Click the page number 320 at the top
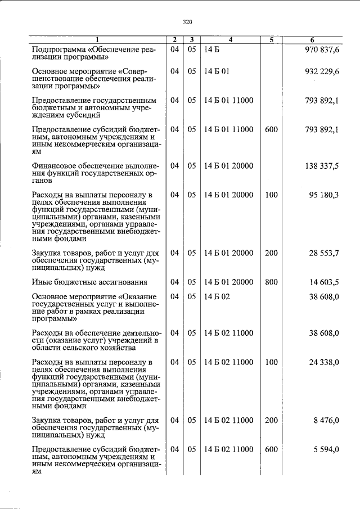click(x=187, y=22)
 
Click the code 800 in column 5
click(x=271, y=282)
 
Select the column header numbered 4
click(x=231, y=40)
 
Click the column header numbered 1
click(x=97, y=40)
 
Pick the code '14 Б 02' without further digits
click(x=217, y=296)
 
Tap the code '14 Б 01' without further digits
click(x=217, y=71)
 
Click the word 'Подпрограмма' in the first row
click(x=56, y=49)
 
